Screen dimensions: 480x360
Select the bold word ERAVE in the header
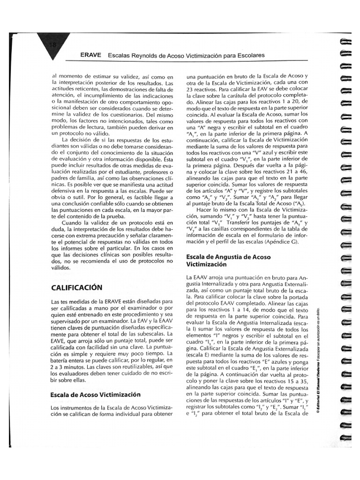[x=91, y=55]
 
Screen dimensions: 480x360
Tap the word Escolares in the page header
[x=250, y=55]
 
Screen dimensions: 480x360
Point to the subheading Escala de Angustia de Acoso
[x=228, y=257]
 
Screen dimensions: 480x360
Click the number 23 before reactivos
[x=190, y=88]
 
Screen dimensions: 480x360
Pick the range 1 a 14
[x=232, y=310]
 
